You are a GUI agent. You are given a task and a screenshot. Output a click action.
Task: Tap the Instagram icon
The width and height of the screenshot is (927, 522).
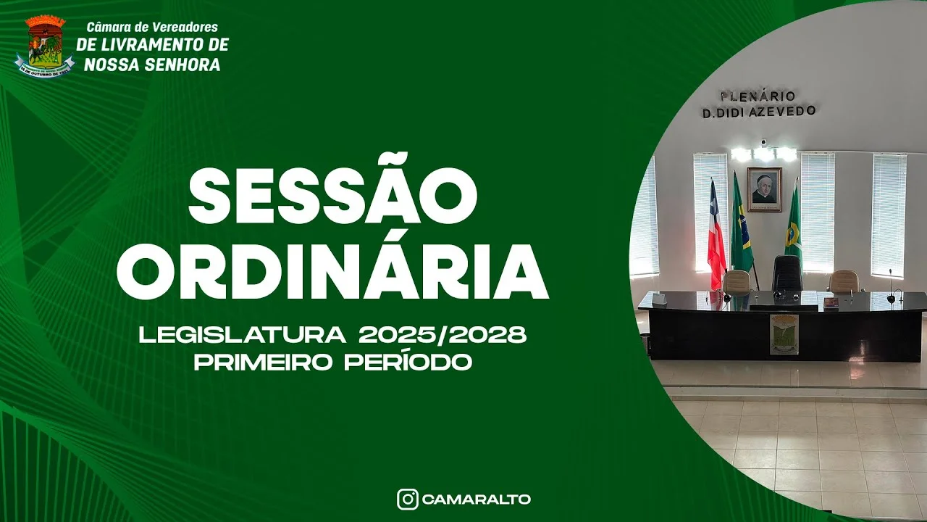tap(408, 499)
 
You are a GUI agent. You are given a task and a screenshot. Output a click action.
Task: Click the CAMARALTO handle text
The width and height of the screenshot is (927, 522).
tap(476, 500)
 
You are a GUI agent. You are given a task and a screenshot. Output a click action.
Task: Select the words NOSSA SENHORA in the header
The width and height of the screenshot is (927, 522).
tap(152, 65)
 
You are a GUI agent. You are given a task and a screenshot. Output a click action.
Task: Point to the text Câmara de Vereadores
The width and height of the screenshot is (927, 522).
tap(152, 28)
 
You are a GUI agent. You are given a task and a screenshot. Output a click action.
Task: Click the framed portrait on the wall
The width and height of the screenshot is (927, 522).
tap(764, 189)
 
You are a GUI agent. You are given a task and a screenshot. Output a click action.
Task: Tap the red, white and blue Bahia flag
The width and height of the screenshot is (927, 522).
tap(716, 236)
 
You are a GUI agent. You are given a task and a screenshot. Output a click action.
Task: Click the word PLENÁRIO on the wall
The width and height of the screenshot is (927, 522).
tap(757, 96)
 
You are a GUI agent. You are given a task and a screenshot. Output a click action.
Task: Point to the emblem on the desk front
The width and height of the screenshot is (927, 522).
tap(784, 334)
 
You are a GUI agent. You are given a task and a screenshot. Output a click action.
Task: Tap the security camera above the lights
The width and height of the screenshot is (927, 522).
tap(763, 141)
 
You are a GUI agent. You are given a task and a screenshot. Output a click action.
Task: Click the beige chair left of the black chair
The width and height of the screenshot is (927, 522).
tap(738, 281)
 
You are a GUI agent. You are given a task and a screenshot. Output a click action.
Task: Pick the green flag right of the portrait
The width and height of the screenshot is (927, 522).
tap(794, 228)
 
